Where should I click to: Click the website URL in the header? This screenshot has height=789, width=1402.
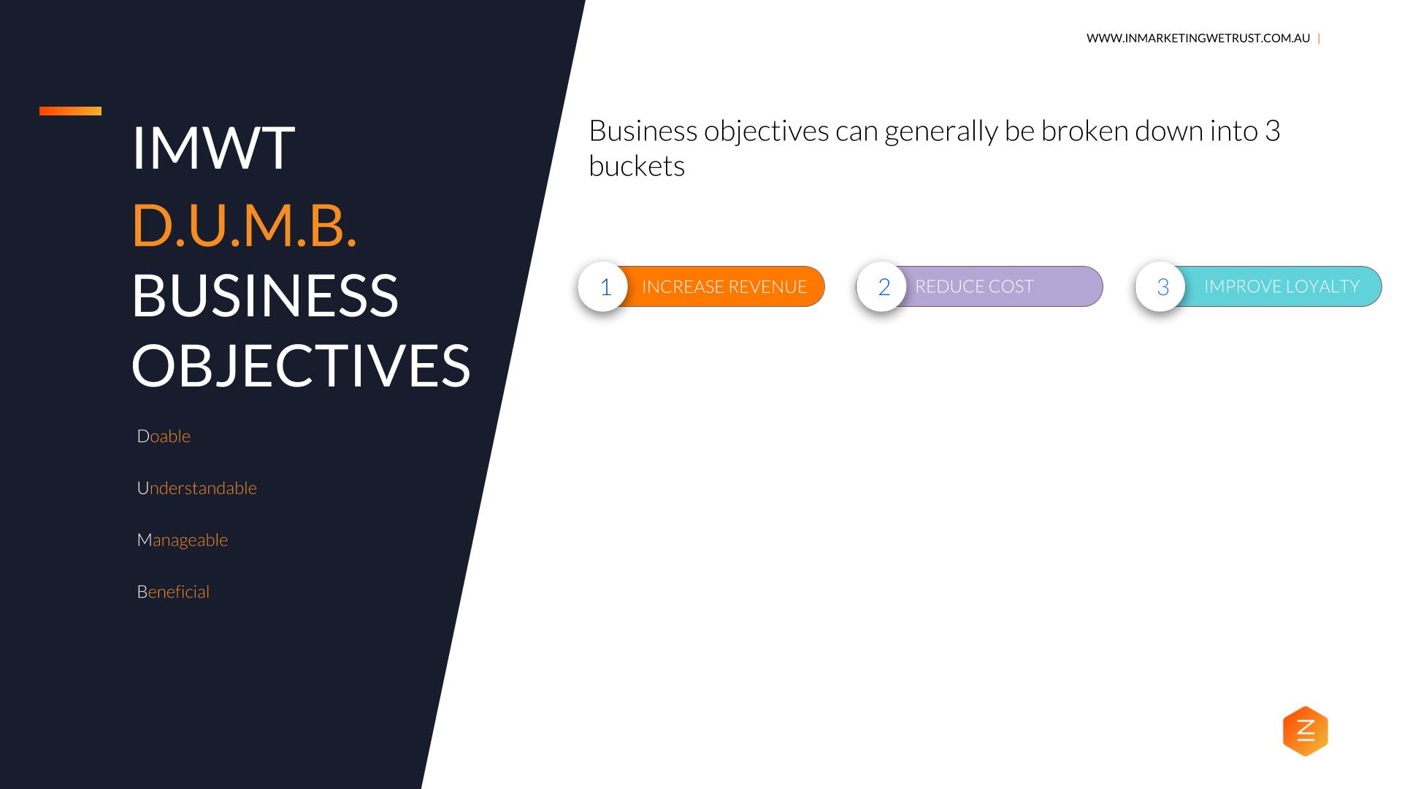(x=1198, y=38)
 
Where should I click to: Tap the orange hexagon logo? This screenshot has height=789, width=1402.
(x=1306, y=731)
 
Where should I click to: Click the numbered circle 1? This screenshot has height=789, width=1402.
(x=603, y=286)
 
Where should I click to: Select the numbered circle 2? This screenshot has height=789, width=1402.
(x=882, y=286)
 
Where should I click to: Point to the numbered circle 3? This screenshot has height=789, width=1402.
(x=1161, y=286)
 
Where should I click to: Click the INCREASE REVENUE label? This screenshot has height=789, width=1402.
(x=724, y=286)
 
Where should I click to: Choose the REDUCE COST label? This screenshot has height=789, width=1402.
(x=974, y=286)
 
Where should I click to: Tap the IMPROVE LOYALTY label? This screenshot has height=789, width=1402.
(x=1282, y=286)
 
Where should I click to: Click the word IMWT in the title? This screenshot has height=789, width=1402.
(x=213, y=148)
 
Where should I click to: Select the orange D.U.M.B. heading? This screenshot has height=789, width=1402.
(x=245, y=225)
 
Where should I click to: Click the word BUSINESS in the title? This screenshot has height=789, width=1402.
(x=265, y=295)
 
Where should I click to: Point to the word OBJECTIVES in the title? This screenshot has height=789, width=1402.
(x=301, y=365)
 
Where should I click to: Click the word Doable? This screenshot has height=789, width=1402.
(x=164, y=436)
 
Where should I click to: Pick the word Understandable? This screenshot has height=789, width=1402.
(x=197, y=488)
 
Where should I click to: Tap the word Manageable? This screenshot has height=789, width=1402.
(x=183, y=541)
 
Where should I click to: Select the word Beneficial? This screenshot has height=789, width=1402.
(x=173, y=592)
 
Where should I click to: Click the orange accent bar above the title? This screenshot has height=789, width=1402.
(x=70, y=111)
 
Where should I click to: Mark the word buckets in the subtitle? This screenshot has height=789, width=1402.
(x=637, y=167)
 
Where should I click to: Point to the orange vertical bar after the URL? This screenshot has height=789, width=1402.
(x=1319, y=38)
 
